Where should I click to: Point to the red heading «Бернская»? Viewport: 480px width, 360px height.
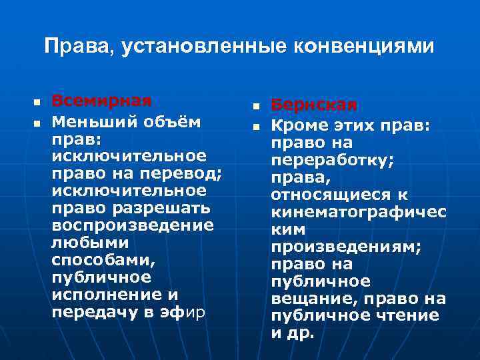coord(314,105)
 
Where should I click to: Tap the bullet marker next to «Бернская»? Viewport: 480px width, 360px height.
coord(255,107)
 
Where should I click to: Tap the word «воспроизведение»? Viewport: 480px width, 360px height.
coord(133,225)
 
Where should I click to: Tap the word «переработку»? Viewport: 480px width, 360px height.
coord(331,161)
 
